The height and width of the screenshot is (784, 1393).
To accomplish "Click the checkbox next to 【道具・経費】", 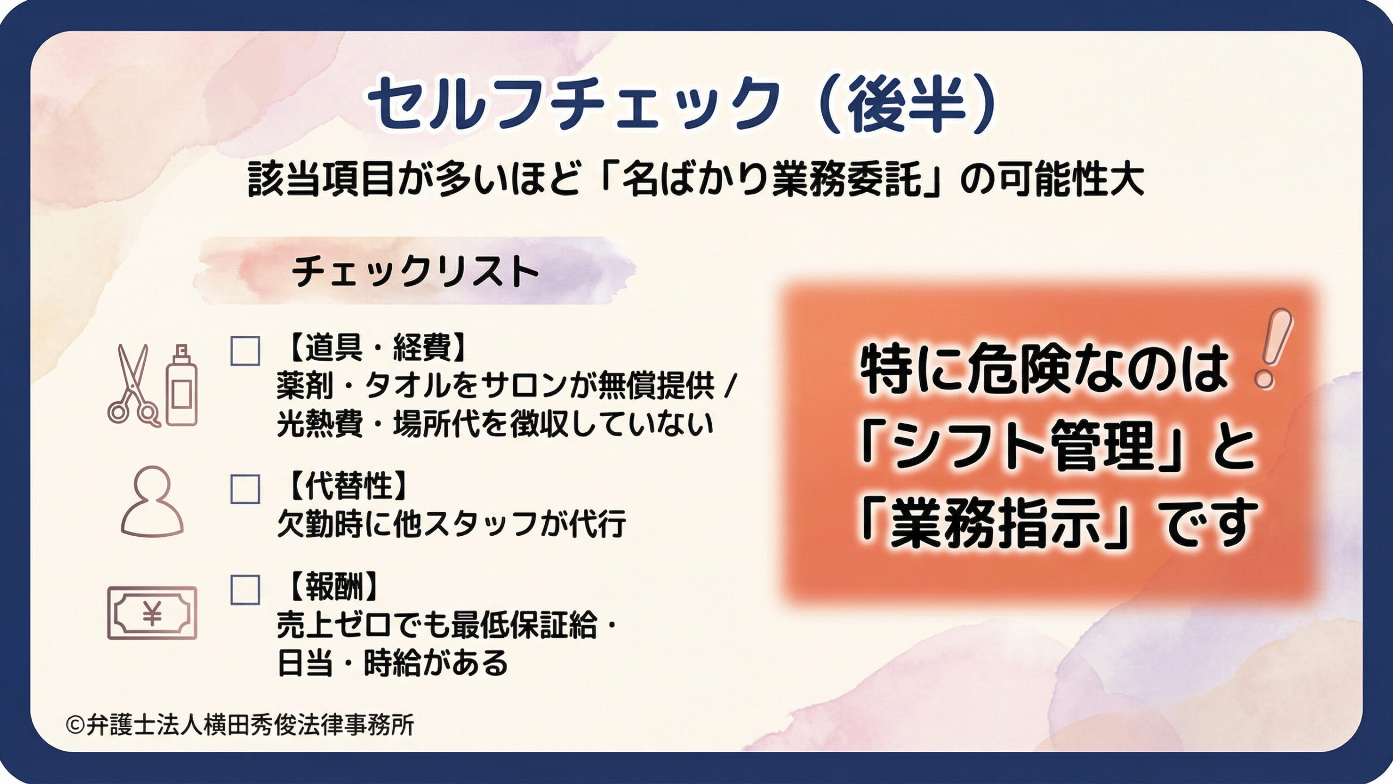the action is [x=245, y=351].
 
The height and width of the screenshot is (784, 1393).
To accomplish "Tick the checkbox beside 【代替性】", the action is [x=245, y=488].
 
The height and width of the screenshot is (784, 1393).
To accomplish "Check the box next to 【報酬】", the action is [x=245, y=590].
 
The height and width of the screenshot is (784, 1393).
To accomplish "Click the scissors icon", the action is [x=134, y=385].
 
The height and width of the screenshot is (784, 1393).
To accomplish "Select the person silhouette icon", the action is [x=152, y=501].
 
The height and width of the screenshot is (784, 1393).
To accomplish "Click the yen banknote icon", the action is [x=152, y=613].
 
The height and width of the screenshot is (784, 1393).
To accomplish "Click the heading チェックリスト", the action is [x=415, y=271].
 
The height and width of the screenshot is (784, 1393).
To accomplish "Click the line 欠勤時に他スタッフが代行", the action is [x=452, y=524].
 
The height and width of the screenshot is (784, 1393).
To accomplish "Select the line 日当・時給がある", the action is [x=392, y=663].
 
